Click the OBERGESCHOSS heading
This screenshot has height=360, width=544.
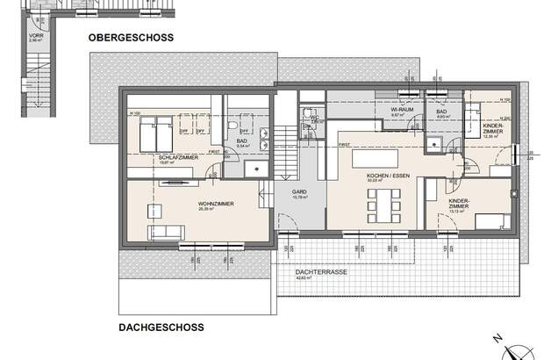point(130,38)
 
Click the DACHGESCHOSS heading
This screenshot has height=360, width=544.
point(161,328)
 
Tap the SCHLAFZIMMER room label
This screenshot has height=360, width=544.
point(153,156)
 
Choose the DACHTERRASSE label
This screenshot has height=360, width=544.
point(319,273)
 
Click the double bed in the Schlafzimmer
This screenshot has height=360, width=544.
point(158,133)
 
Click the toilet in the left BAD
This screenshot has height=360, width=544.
point(231,132)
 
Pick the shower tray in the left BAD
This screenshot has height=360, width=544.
point(255,167)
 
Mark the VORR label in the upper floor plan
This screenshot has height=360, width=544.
point(35,36)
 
